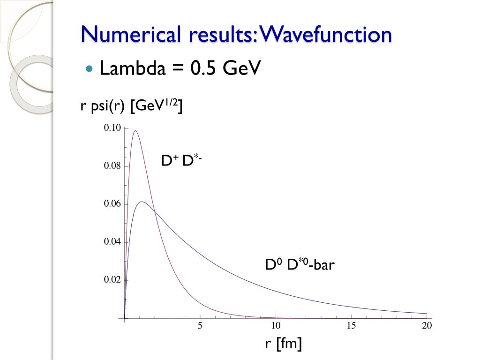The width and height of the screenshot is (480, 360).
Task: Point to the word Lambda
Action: tap(133, 69)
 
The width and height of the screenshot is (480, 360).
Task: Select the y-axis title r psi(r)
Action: tap(103, 107)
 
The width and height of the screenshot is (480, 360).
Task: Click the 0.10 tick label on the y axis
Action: tap(112, 128)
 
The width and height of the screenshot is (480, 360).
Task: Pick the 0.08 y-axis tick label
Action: tap(112, 166)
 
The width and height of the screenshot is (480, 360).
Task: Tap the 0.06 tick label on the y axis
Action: tap(112, 204)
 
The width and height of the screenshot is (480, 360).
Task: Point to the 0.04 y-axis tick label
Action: tap(112, 242)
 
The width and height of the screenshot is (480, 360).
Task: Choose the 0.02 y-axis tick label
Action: tap(112, 280)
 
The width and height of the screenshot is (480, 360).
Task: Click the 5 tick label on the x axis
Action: tap(200, 326)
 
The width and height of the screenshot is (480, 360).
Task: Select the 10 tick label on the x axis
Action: tap(276, 326)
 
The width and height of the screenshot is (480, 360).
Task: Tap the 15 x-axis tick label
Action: tap(352, 326)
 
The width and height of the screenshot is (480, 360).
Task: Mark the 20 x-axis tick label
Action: tap(427, 326)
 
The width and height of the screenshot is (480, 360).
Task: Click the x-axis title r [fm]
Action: tap(283, 344)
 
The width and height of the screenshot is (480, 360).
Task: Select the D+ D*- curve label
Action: tap(181, 161)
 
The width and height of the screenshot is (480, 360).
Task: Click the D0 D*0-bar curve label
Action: tap(300, 265)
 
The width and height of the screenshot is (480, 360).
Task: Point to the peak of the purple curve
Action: tap(135, 131)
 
